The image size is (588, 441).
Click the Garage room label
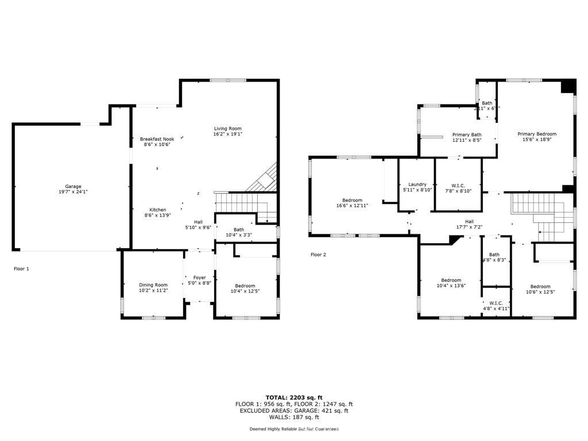73,187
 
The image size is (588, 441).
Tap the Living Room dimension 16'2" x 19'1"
228,134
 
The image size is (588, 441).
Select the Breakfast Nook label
157,139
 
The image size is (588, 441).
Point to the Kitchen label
158,210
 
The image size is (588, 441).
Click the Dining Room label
153,285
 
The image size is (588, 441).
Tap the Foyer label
199,277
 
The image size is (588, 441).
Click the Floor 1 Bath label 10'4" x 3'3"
238,230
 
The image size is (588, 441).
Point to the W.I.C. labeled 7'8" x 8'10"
458,185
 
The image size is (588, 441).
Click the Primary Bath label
467,134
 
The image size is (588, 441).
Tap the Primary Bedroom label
537,134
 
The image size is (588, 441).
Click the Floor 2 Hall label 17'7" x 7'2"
469,221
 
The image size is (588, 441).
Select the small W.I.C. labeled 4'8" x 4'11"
496,303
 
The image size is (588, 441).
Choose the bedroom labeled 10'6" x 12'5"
540,287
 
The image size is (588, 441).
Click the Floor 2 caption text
318,254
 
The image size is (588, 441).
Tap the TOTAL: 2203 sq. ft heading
294,397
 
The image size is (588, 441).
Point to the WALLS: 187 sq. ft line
294,417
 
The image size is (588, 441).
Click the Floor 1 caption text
21,268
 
